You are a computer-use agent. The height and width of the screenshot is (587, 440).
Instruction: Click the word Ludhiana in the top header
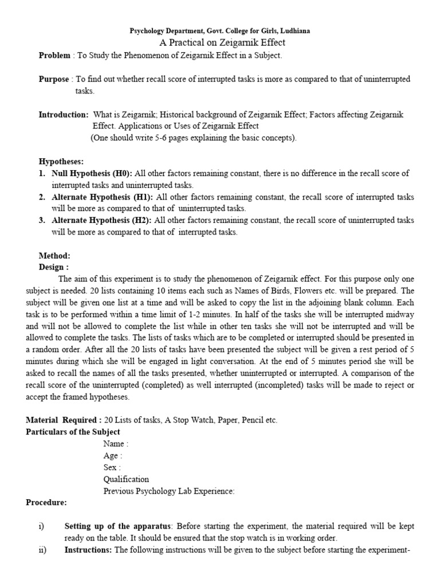[294, 31]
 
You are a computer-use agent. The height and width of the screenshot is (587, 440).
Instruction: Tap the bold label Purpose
[53, 79]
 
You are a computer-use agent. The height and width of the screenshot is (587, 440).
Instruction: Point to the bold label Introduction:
[64, 115]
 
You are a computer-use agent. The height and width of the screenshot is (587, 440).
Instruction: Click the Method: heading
[54, 256]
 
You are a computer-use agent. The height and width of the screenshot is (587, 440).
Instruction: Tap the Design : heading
[54, 267]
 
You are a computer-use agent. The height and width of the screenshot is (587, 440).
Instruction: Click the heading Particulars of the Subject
[73, 432]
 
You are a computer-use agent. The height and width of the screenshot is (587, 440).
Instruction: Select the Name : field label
[116, 444]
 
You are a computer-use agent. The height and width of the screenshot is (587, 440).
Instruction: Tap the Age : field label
[112, 456]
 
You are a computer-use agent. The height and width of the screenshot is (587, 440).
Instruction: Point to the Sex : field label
[112, 467]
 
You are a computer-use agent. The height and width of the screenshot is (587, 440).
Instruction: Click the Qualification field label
[126, 479]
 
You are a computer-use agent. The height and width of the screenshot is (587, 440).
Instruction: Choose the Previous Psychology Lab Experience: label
[169, 491]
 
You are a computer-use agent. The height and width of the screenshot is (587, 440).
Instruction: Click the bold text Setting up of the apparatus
[117, 526]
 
